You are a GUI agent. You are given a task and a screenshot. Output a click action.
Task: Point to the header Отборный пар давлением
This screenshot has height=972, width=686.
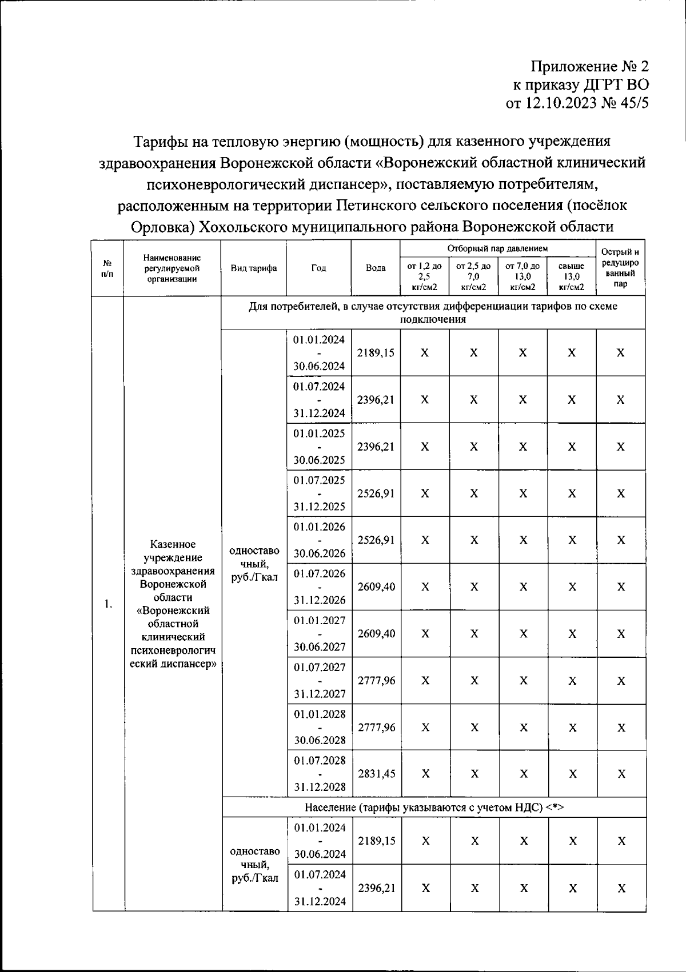(497, 248)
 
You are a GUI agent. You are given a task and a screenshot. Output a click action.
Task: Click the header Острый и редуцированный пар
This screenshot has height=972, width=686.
(620, 267)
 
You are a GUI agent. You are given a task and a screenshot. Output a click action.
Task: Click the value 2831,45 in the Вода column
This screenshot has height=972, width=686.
(376, 774)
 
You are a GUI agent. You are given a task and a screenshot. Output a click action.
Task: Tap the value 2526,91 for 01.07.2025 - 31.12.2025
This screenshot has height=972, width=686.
(376, 493)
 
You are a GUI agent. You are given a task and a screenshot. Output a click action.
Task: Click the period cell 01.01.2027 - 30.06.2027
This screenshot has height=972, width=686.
(319, 633)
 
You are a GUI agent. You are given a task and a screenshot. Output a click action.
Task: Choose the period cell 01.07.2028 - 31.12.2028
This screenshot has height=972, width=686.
(320, 774)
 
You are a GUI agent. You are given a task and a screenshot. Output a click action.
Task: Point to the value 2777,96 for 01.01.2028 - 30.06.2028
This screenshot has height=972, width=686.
(376, 728)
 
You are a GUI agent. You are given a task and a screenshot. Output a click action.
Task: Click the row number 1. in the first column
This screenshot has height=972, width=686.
(108, 604)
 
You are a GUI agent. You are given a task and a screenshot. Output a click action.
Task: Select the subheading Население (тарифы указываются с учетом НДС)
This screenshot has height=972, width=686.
(434, 808)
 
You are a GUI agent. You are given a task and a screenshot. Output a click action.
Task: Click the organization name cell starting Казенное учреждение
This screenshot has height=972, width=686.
(173, 604)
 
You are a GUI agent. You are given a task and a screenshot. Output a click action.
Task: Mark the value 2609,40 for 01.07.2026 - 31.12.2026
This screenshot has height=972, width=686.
(376, 587)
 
